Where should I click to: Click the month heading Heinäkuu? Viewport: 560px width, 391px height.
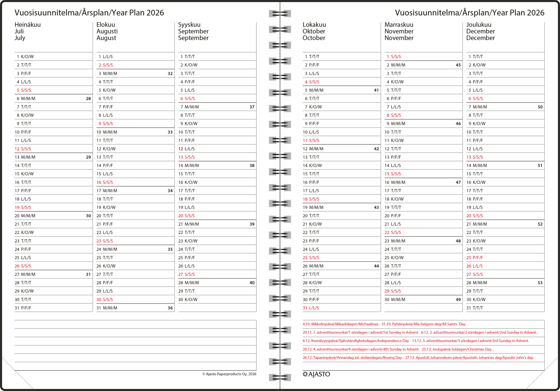click(x=28, y=25)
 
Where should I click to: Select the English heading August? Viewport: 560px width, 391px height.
click(x=106, y=38)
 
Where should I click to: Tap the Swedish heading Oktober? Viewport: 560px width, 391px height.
click(x=314, y=31)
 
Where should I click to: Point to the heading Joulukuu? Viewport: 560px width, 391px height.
click(x=479, y=25)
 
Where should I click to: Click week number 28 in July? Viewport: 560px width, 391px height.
click(x=88, y=99)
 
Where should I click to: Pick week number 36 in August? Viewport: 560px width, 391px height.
click(x=170, y=308)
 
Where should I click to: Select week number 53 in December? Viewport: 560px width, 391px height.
click(x=540, y=283)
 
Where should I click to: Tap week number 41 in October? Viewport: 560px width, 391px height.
click(x=376, y=90)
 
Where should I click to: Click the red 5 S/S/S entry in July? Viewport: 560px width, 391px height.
click(x=24, y=90)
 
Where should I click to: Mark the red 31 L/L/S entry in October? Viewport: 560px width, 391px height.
click(x=311, y=308)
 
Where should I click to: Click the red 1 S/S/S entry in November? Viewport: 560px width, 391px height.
click(x=394, y=57)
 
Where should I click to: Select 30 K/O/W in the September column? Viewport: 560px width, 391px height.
click(x=188, y=299)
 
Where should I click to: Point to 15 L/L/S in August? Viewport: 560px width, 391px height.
click(x=104, y=174)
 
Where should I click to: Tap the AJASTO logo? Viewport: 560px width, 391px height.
click(x=316, y=374)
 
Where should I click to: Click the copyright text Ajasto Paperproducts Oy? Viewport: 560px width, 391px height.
click(x=229, y=374)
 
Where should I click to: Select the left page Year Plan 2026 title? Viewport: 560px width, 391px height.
click(x=89, y=13)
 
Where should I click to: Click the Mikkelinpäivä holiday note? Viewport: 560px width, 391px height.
click(x=341, y=324)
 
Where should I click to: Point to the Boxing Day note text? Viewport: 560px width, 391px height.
click(x=352, y=358)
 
